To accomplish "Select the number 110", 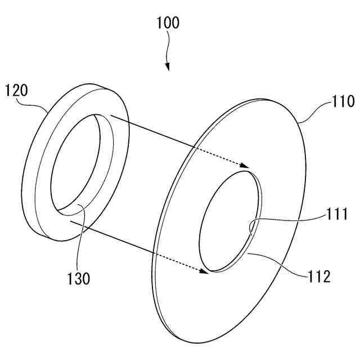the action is [x=343, y=102].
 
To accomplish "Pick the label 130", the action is [x=78, y=278].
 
